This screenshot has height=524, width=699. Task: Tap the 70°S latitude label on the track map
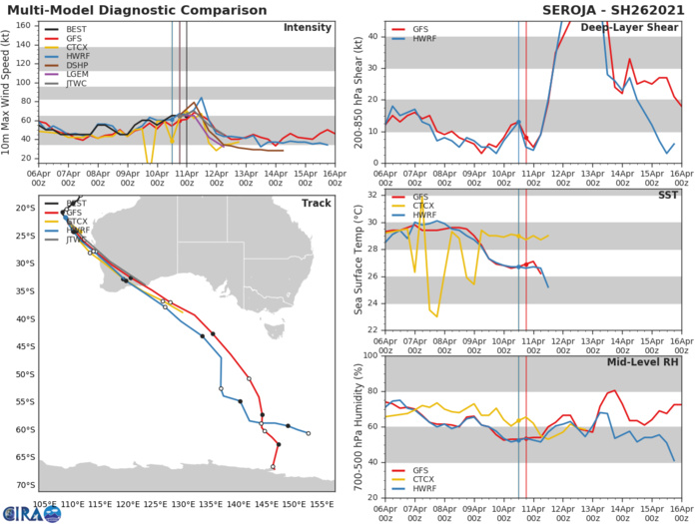coord(22,485)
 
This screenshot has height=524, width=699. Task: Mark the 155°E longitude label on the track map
coord(323,503)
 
